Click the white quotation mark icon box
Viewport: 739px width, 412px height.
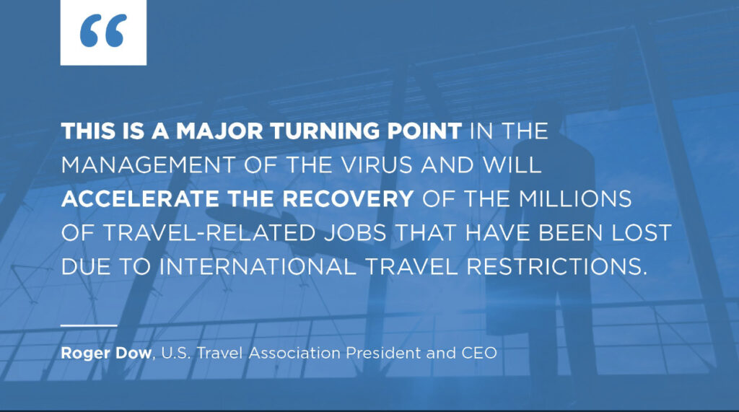103,32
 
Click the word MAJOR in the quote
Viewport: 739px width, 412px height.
219,131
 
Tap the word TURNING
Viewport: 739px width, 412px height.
325,131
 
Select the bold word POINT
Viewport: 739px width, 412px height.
424,131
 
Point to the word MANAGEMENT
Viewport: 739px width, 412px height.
148,165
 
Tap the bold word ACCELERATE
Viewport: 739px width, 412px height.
140,199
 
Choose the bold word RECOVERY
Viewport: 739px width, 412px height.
348,199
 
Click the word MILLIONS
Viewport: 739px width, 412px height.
575,199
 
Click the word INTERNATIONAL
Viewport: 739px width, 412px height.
258,267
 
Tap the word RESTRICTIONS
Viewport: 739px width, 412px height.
556,267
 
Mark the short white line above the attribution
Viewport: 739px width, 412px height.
89,325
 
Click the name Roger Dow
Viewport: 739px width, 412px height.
106,353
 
